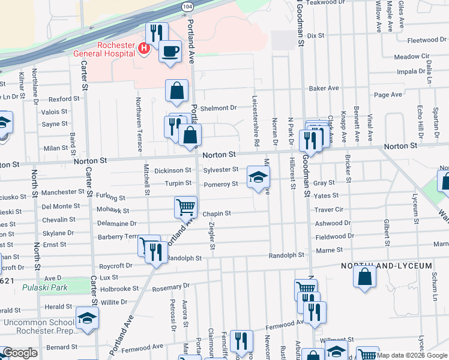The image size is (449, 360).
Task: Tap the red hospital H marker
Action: pyautogui.click(x=144, y=48)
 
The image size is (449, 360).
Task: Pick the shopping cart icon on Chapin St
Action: pyautogui.click(x=185, y=207)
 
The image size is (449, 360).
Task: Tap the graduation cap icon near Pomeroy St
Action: pyautogui.click(x=258, y=176)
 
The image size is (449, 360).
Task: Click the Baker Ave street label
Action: pyautogui.click(x=324, y=88)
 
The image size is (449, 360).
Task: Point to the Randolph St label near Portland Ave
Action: pyautogui.click(x=184, y=258)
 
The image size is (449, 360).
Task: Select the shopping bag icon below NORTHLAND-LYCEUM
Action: pyautogui.click(x=365, y=277)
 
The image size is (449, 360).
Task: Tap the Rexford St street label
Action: pyautogui.click(x=64, y=99)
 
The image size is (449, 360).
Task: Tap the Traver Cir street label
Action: pyautogui.click(x=328, y=210)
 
